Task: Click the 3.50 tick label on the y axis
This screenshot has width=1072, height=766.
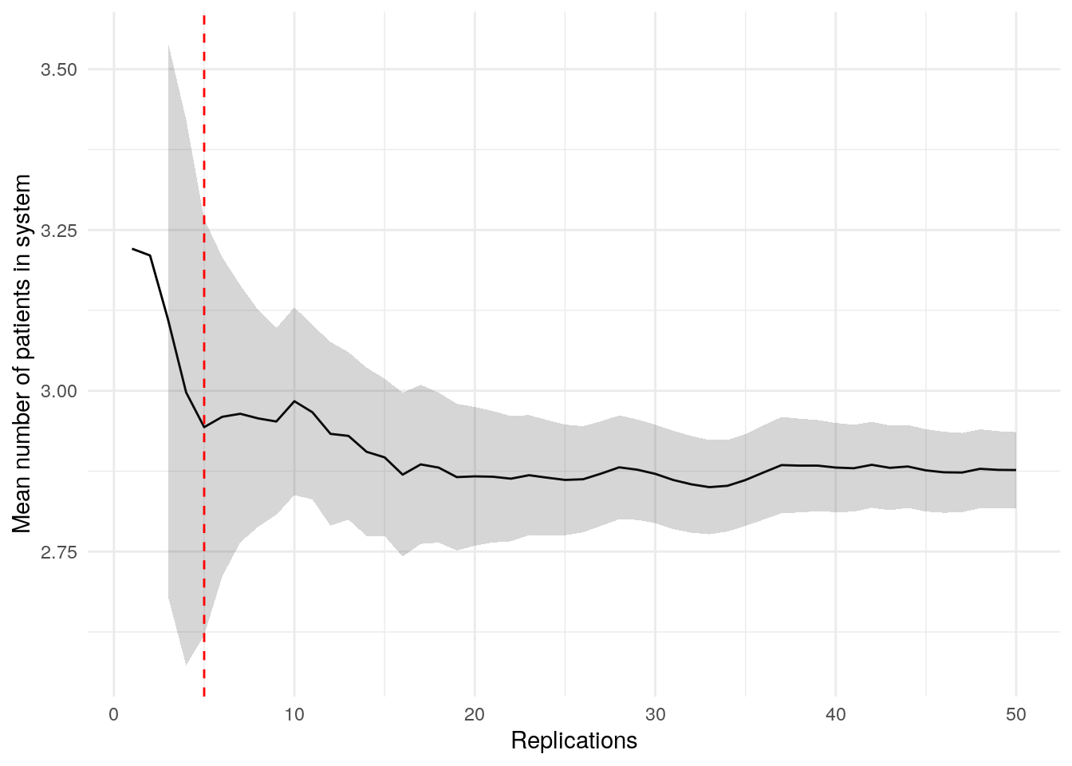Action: click(x=59, y=69)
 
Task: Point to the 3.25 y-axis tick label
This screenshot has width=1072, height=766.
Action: click(x=59, y=231)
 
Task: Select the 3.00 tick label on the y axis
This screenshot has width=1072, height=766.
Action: click(x=59, y=391)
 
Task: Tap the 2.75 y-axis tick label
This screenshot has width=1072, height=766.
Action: click(x=59, y=551)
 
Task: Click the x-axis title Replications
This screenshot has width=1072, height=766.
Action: click(x=573, y=741)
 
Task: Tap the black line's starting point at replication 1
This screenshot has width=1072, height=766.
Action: click(x=132, y=249)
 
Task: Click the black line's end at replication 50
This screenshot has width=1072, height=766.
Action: click(x=1015, y=470)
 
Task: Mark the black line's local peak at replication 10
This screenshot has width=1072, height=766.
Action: click(x=294, y=401)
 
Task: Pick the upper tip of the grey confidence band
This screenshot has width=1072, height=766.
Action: click(x=168, y=46)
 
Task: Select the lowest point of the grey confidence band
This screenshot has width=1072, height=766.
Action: click(x=186, y=665)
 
